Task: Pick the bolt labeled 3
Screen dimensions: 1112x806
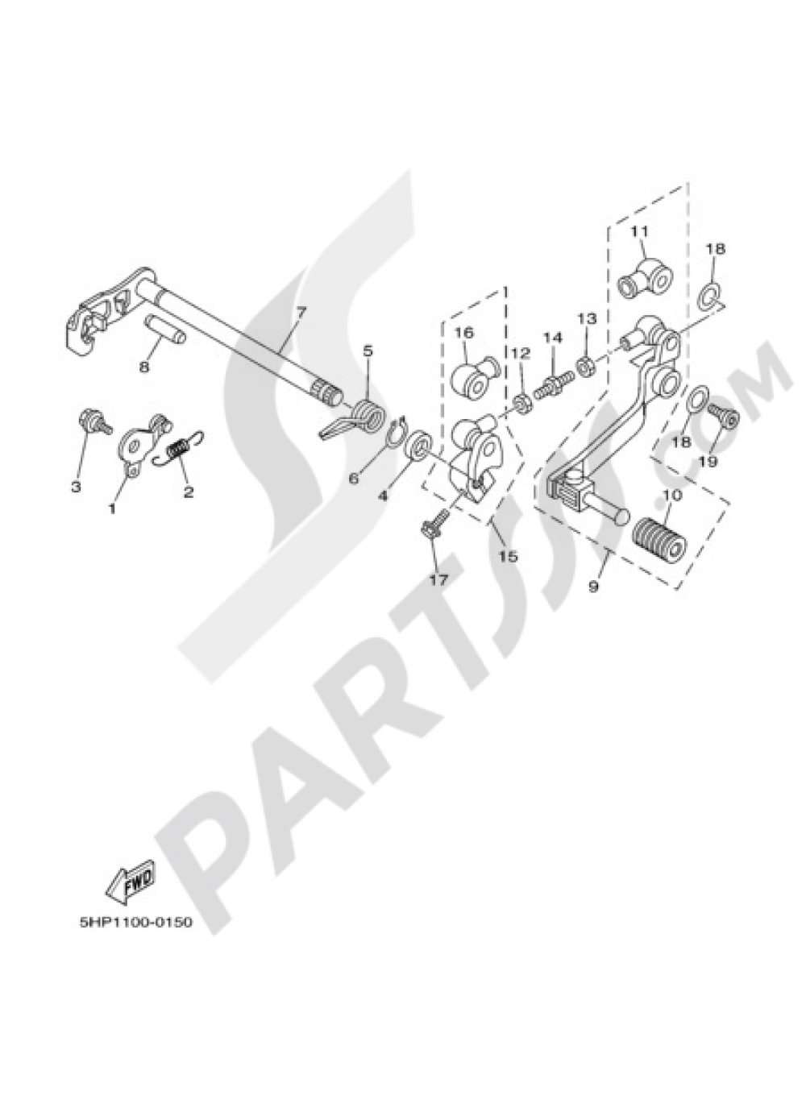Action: pos(90,421)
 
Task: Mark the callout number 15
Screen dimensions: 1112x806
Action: pos(509,556)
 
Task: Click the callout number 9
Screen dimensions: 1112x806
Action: pos(593,587)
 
